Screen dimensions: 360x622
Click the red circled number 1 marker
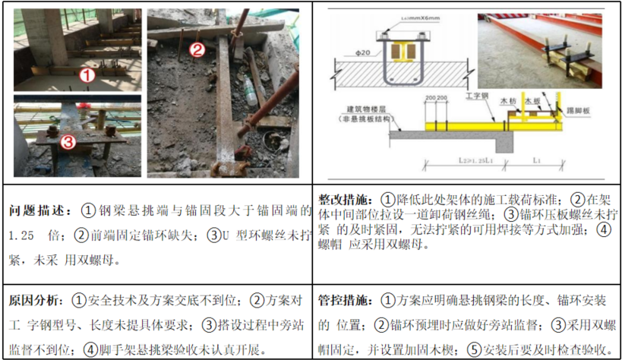click(87, 74)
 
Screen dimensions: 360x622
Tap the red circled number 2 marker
click(197, 51)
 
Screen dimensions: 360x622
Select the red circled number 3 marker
click(68, 141)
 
